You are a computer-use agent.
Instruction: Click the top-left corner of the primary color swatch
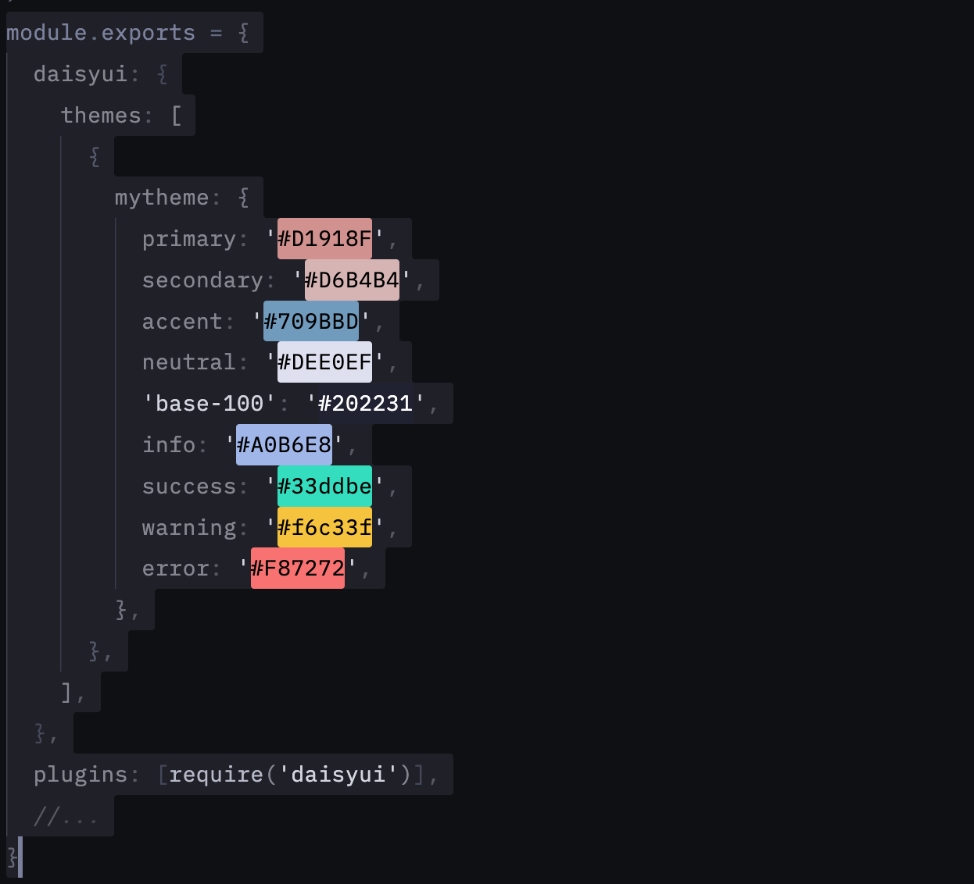pyautogui.click(x=278, y=219)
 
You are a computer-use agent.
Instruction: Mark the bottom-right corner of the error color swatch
pyautogui.click(x=345, y=589)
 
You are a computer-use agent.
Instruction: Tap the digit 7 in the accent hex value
pyautogui.click(x=284, y=322)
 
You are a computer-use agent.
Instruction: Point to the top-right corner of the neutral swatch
pyautogui.click(x=372, y=341)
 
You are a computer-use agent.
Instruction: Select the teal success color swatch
pyautogui.click(x=325, y=487)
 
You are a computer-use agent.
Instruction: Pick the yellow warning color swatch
pyautogui.click(x=325, y=527)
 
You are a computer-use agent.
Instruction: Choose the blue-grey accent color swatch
pyautogui.click(x=311, y=321)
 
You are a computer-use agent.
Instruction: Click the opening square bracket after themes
pyautogui.click(x=177, y=116)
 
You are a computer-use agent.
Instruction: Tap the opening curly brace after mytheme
pyautogui.click(x=244, y=198)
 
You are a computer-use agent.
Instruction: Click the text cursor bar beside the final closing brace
pyautogui.click(x=20, y=857)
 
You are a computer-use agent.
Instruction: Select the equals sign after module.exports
pyautogui.click(x=217, y=33)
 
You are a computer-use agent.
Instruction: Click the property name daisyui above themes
pyautogui.click(x=81, y=74)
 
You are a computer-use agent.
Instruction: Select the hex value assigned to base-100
pyautogui.click(x=366, y=404)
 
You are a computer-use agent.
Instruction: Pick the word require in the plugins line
pyautogui.click(x=217, y=775)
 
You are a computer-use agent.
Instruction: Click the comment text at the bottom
pyautogui.click(x=66, y=816)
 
